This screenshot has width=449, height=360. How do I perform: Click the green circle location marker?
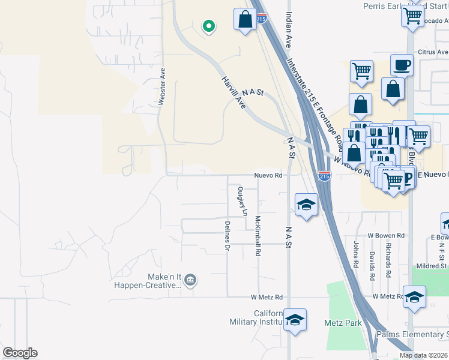pyautogui.click(x=209, y=26)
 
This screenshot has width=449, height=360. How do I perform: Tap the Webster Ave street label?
pyautogui.click(x=161, y=87)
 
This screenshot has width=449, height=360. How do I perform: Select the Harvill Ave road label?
pyautogui.click(x=234, y=92)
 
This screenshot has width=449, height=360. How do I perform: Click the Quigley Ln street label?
pyautogui.click(x=241, y=201)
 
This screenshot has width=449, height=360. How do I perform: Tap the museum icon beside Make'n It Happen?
pyautogui.click(x=191, y=279)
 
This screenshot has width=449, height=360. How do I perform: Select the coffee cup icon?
pyautogui.click(x=402, y=64)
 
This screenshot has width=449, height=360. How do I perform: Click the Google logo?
pyautogui.click(x=20, y=353)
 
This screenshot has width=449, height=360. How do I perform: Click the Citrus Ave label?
pyautogui.click(x=433, y=52)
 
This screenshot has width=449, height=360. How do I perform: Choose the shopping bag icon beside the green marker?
pyautogui.click(x=245, y=19)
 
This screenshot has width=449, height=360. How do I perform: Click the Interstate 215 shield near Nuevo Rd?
pyautogui.click(x=324, y=176)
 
